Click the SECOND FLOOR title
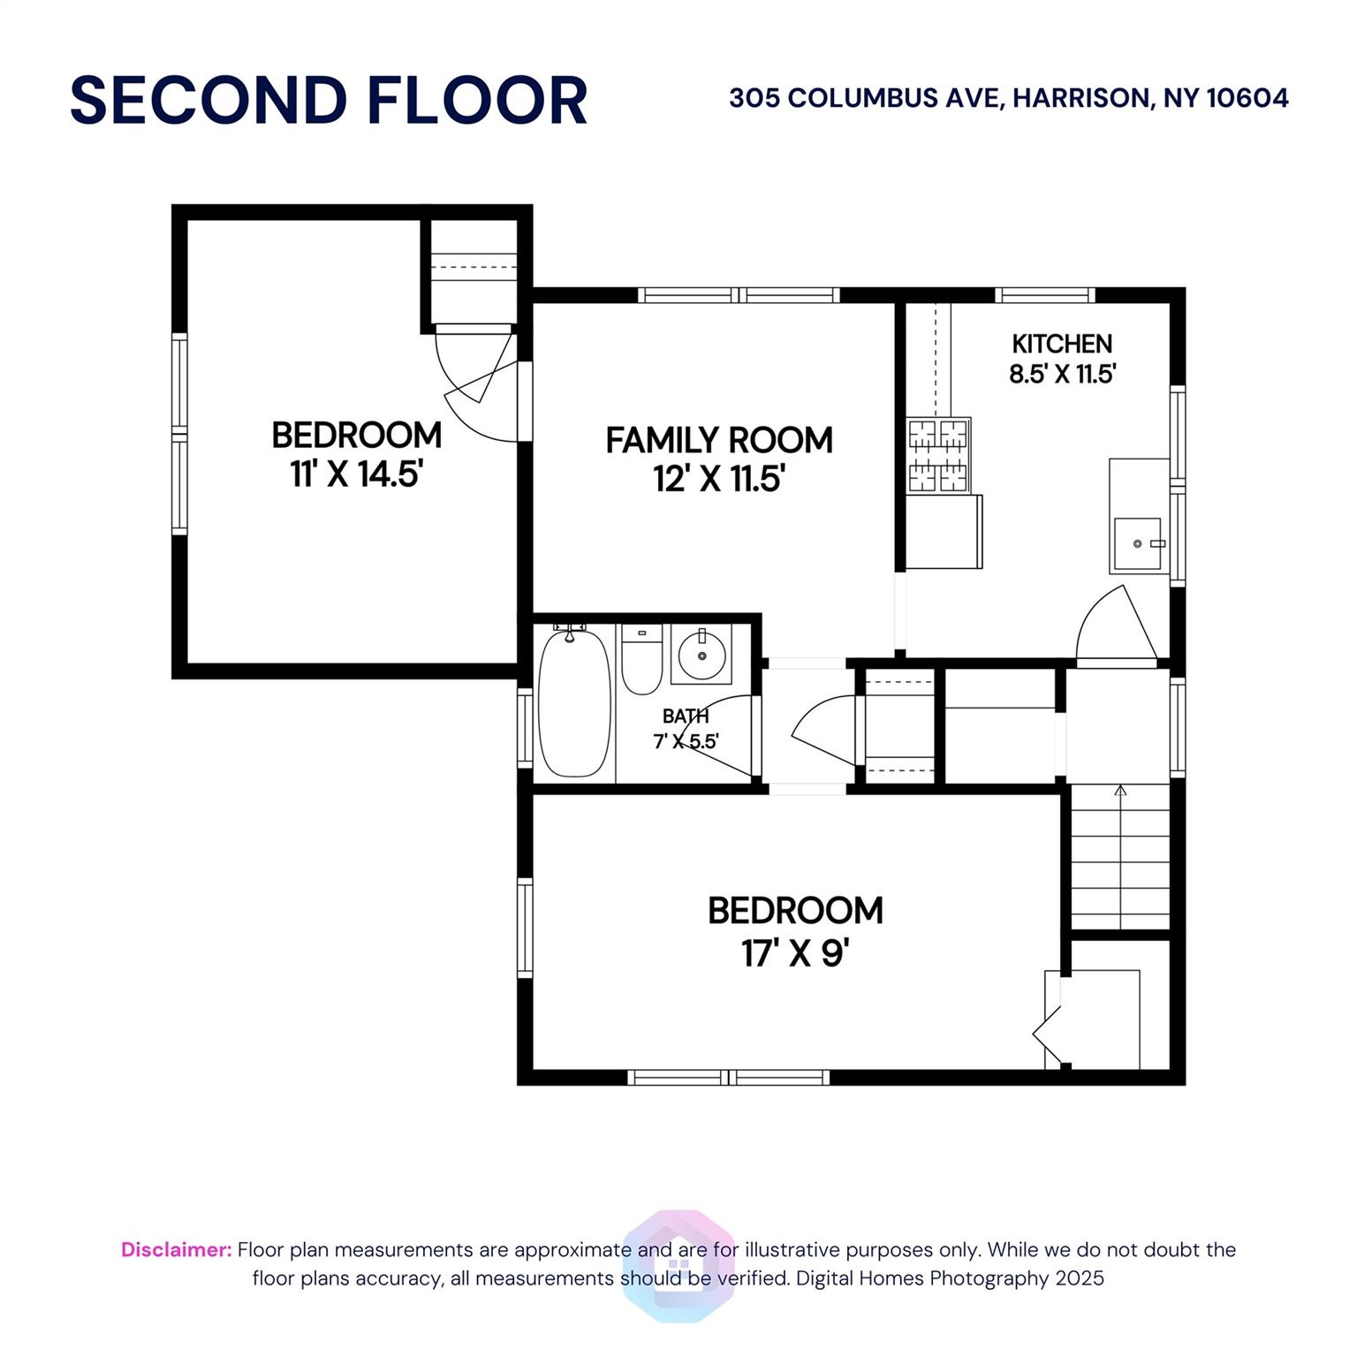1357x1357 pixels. pos(329,100)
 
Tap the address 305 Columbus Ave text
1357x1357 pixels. pos(1008,97)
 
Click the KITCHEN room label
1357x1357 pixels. pos(1062,344)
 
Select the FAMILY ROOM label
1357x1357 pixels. pos(719,440)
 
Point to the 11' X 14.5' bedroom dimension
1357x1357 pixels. pos(357,474)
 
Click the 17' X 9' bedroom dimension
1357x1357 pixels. pos(795,953)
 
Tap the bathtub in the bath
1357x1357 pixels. pos(574,701)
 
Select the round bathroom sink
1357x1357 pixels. pos(701,655)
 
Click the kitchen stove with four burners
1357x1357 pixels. pos(939,455)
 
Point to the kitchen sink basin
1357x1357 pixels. pos(1139,543)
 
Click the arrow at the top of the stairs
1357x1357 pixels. pos(1120,791)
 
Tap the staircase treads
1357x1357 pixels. pos(1120,861)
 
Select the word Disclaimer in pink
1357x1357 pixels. pos(177,1250)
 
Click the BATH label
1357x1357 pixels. pos(686,716)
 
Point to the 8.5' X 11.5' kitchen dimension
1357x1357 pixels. pos(1063,375)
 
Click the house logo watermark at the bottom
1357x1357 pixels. pos(678,1265)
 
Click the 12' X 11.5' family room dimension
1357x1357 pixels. pos(719,480)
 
